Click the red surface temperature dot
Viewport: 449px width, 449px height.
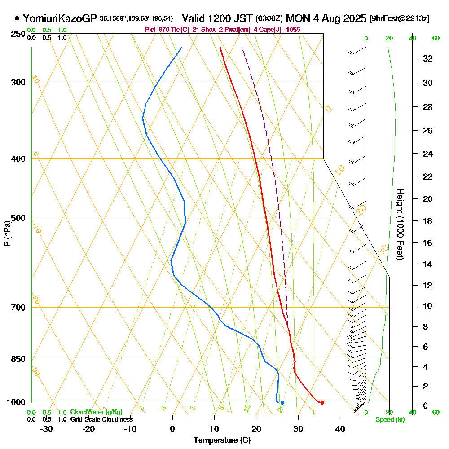coord(322,402)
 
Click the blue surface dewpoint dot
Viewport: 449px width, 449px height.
coord(282,403)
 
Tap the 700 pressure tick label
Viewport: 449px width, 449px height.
coord(18,308)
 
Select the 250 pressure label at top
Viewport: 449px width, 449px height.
coord(18,34)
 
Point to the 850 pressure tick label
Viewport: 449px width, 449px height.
coord(18,359)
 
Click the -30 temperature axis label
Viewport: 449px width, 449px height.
coord(46,429)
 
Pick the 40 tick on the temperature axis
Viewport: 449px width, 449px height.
coord(340,429)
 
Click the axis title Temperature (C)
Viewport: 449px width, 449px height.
coord(222,440)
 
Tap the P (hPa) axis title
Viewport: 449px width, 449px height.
coord(7,233)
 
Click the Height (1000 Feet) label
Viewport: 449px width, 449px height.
coord(399,224)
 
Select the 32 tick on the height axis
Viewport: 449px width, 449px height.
coord(428,58)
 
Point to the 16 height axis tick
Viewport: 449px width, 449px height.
coord(428,243)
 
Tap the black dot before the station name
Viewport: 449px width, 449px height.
coord(17,18)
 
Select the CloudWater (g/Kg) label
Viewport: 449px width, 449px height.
coord(96,412)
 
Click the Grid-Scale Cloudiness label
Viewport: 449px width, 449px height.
coord(101,419)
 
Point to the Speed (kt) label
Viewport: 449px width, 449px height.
coord(390,420)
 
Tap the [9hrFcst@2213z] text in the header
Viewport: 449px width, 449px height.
coord(399,19)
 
